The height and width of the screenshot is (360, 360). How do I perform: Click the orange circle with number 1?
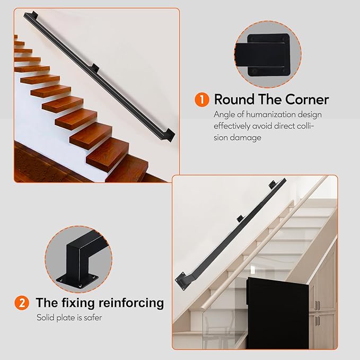(x=202, y=100)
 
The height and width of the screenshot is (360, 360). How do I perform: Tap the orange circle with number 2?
(x=21, y=303)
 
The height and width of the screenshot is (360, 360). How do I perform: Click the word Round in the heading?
(x=234, y=100)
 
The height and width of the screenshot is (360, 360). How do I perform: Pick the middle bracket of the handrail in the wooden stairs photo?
(x=96, y=68)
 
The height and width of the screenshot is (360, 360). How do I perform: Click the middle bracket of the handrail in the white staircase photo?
(x=240, y=218)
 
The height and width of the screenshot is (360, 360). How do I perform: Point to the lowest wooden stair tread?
(x=109, y=159)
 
